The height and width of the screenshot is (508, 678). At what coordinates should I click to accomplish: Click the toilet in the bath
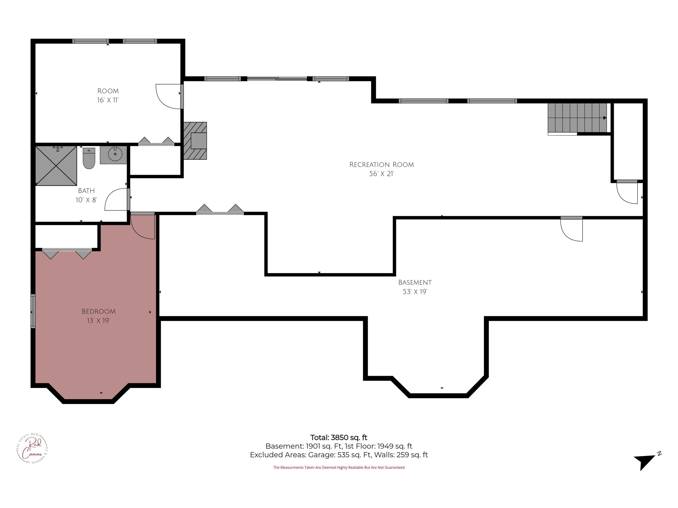click(89, 158)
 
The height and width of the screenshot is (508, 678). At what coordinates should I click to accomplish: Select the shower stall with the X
click(56, 166)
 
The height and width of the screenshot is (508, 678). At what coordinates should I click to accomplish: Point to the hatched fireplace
click(195, 141)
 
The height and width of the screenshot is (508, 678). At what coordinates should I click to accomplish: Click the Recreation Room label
click(382, 165)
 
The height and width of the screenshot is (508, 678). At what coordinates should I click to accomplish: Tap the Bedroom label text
click(98, 311)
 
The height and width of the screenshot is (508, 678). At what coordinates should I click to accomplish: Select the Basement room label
click(415, 282)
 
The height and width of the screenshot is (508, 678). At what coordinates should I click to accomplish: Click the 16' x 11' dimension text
click(108, 100)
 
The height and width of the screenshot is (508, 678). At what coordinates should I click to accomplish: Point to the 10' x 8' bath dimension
click(86, 200)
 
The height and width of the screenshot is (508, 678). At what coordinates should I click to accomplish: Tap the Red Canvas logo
click(32, 449)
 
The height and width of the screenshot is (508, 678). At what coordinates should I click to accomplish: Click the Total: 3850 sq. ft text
click(339, 438)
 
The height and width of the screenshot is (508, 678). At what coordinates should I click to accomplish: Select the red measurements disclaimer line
click(339, 468)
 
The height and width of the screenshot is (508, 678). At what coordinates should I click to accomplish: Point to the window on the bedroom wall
click(33, 311)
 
